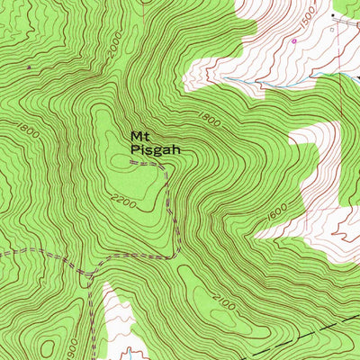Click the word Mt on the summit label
[139, 136]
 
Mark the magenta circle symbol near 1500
[293, 40]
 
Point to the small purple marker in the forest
[31, 67]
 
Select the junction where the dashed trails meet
[91, 272]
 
